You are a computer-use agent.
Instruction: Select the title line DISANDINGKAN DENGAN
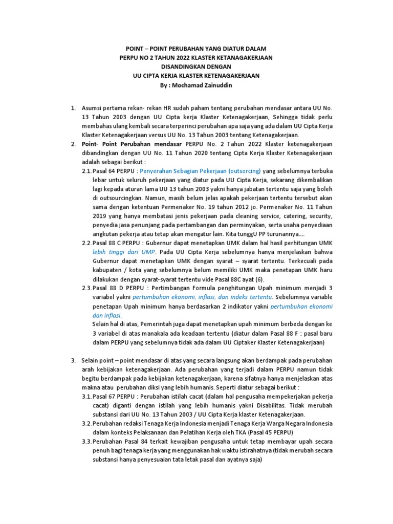pos(196,67)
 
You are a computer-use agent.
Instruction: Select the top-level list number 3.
pos(73,360)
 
